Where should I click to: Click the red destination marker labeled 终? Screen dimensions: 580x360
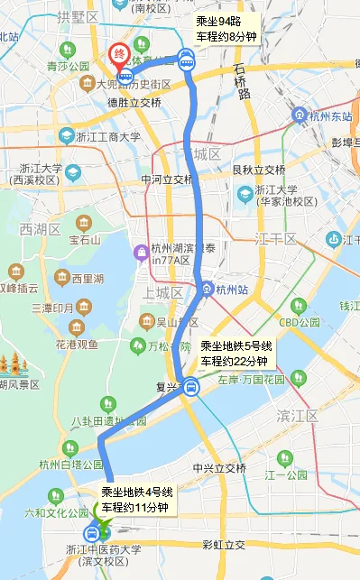117,54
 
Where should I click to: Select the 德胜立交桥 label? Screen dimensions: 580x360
134,103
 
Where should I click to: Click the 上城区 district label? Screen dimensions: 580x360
164,293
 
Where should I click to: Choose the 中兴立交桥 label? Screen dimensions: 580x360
219,468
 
